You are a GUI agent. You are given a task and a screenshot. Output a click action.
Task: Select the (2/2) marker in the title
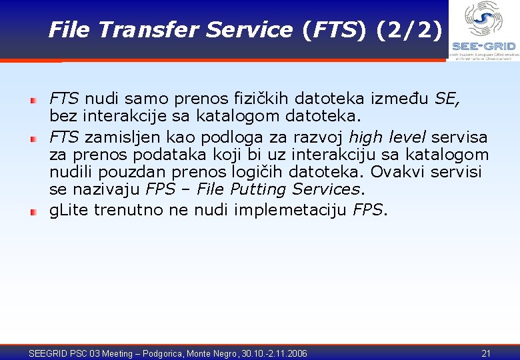407,29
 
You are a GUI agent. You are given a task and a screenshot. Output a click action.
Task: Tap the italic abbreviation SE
446,99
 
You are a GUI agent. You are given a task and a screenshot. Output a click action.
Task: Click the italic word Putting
257,190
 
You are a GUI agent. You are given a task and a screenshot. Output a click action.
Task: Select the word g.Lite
69,210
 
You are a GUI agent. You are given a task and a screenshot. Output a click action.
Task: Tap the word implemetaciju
290,210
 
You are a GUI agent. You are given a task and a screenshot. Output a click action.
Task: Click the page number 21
486,353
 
